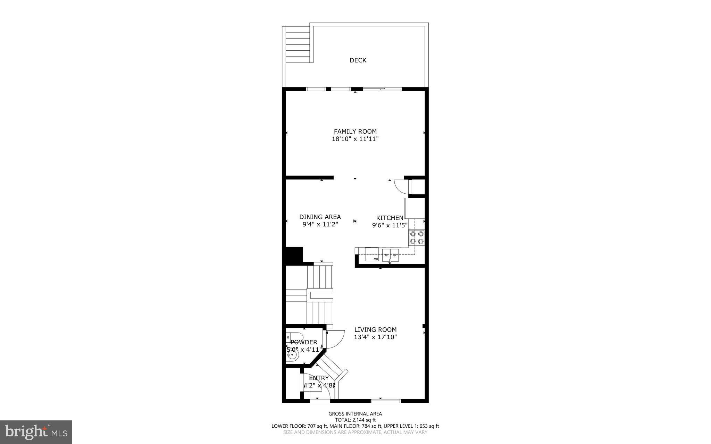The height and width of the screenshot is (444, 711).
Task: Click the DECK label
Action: click(358, 60)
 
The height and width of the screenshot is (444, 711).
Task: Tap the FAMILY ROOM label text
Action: click(355, 131)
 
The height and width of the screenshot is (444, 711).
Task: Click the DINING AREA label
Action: click(320, 217)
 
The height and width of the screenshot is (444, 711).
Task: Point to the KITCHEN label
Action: click(390, 218)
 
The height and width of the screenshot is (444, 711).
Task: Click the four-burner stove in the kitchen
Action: click(417, 237)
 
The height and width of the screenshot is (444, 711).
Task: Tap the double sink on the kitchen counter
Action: click(390, 255)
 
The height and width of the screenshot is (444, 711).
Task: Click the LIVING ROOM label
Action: click(375, 329)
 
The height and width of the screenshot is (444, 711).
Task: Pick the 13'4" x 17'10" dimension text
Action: click(375, 337)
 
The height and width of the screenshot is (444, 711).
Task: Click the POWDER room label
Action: click(304, 342)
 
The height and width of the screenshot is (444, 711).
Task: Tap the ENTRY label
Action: click(319, 378)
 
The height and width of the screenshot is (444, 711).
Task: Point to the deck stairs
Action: click(297, 45)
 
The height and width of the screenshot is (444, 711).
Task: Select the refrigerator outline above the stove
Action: click(415, 208)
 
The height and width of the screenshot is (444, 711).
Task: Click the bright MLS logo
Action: click(36, 432)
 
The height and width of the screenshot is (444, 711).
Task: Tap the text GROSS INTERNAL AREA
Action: click(355, 413)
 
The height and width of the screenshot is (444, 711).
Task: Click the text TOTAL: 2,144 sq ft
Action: click(355, 420)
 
